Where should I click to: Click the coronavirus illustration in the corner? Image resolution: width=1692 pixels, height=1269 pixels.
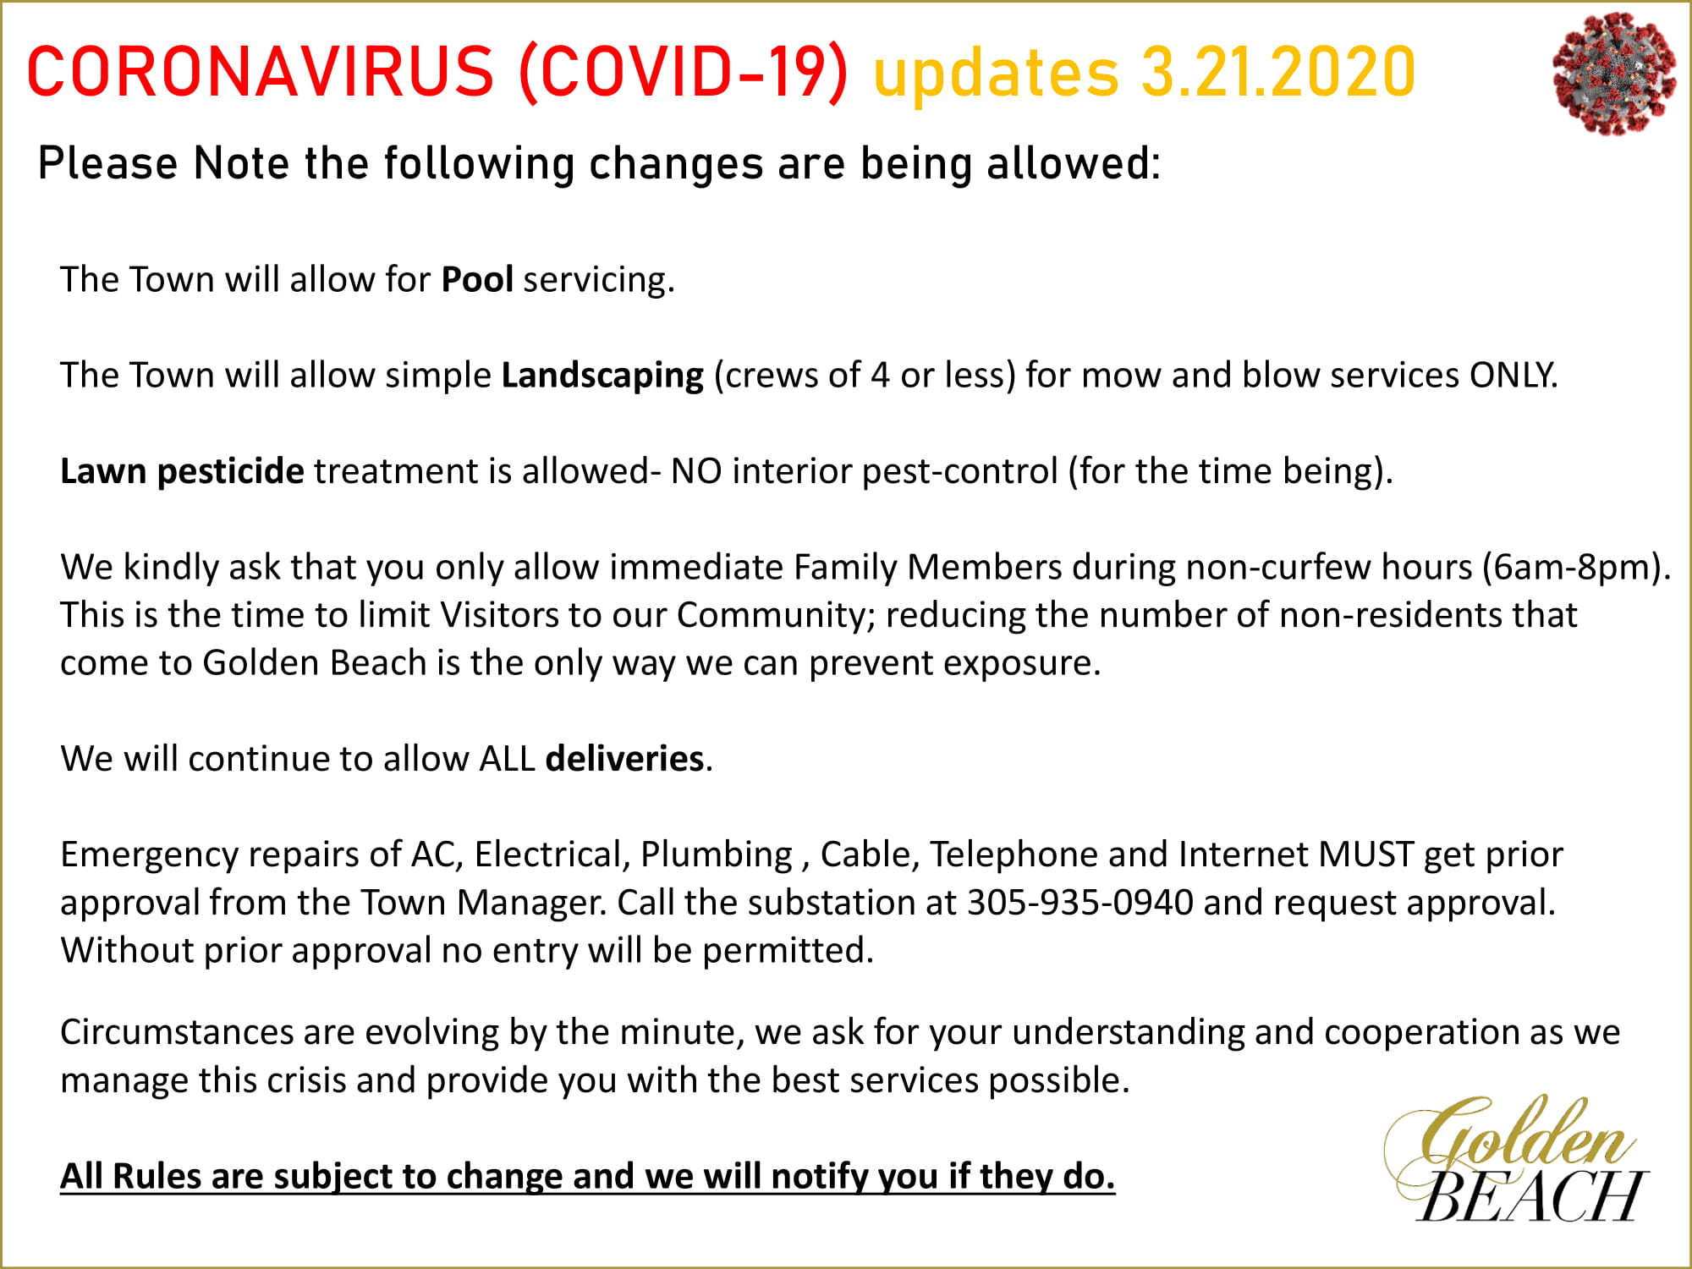click(1614, 73)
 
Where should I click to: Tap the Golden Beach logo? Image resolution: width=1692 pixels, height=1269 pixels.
click(1515, 1159)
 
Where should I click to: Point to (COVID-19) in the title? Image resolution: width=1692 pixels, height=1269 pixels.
click(684, 73)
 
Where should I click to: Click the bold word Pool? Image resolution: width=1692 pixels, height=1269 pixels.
click(477, 279)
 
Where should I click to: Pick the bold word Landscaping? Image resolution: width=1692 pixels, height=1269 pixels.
click(602, 376)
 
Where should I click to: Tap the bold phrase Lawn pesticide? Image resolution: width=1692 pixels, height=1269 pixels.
click(182, 471)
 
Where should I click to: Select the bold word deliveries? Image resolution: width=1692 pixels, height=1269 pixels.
click(625, 758)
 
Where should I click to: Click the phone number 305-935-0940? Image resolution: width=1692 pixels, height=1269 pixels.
click(1080, 903)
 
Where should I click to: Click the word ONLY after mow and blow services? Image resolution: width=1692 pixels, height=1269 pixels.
click(1512, 375)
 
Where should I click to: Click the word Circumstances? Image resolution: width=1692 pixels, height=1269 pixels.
click(177, 1032)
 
